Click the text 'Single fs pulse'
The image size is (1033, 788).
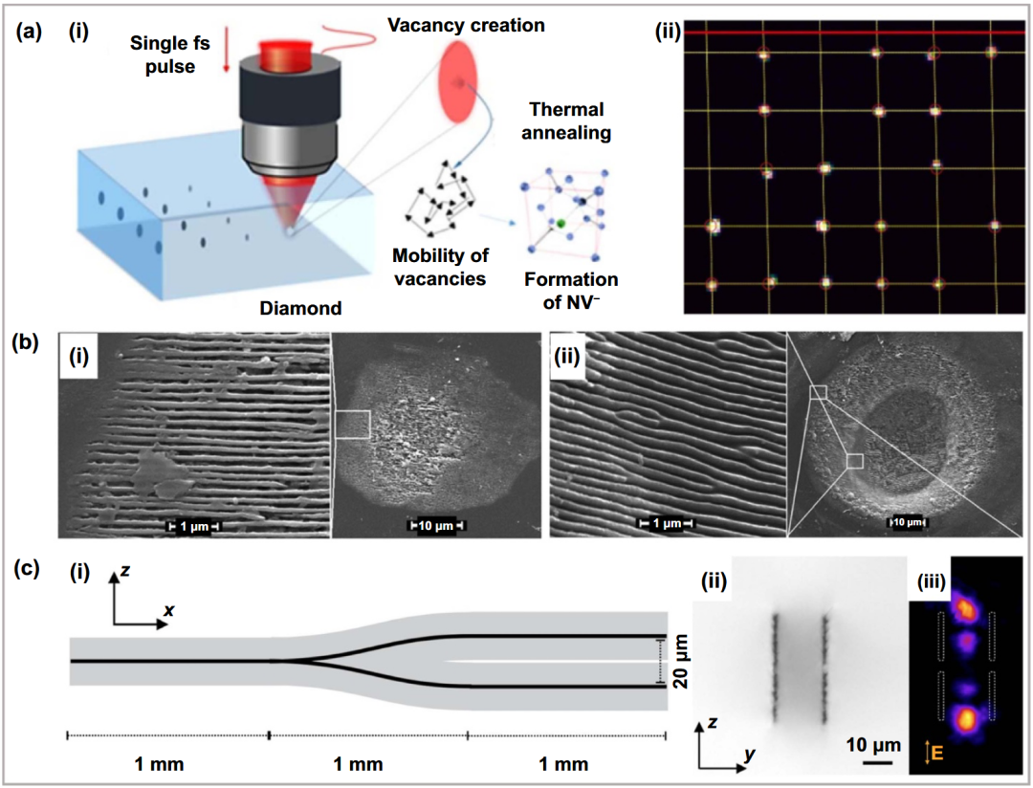point(170,55)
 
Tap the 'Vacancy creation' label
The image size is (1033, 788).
point(466,25)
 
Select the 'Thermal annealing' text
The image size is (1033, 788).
point(566,121)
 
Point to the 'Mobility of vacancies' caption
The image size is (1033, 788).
point(440,267)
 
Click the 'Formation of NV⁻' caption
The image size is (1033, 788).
point(570,291)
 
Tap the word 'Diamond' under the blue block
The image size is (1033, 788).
point(300,308)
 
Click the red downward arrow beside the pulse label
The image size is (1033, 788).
point(226,55)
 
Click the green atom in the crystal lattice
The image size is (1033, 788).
point(560,224)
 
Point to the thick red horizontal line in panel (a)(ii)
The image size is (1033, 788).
point(854,33)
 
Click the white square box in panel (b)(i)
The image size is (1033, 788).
point(352,425)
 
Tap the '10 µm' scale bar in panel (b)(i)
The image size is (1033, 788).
point(437,525)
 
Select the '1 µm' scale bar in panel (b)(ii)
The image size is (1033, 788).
point(666,523)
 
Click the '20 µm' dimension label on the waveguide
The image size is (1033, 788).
point(681,662)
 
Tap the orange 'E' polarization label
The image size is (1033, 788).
point(936,752)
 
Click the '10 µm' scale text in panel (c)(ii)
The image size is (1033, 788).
point(873,745)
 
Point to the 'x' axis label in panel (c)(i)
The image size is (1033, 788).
point(169,611)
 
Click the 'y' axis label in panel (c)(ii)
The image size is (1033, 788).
point(750,754)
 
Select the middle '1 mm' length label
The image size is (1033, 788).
point(358,764)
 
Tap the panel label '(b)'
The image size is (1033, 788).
point(27,342)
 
